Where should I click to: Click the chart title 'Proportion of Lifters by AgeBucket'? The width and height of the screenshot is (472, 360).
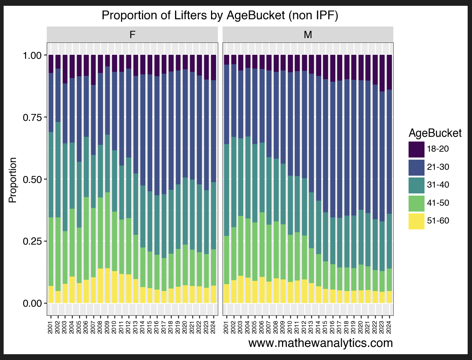pos(220,16)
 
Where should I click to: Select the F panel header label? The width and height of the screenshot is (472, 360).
pos(132,35)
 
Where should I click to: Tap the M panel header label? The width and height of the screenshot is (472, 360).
pos(308,35)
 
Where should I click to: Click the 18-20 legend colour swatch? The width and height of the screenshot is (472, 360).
pos(416,149)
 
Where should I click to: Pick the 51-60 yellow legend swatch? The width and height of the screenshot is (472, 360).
pos(416,221)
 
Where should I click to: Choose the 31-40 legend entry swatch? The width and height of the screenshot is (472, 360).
pos(416,185)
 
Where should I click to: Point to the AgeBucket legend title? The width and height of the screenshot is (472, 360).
pos(435,133)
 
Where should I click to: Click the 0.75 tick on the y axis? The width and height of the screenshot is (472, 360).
pos(33,117)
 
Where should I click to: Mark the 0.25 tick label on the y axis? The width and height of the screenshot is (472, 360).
pos(33,241)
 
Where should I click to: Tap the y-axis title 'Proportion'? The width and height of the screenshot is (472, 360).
pos(13,180)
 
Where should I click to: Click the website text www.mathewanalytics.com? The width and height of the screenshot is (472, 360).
pos(320,343)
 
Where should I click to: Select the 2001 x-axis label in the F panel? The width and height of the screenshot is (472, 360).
pos(50,325)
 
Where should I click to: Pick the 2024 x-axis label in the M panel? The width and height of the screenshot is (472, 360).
pos(389,325)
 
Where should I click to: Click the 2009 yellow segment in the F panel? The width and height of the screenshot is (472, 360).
pos(107,286)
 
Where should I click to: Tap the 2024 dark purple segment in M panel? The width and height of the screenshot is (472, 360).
pos(389,72)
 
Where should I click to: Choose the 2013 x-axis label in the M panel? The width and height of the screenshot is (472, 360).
pos(311,325)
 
